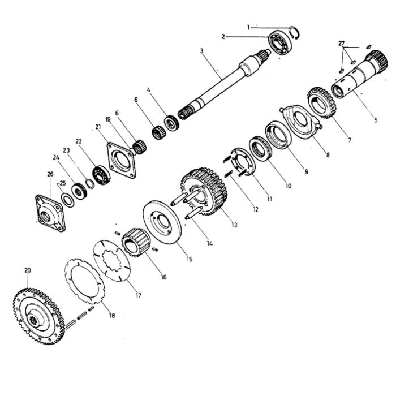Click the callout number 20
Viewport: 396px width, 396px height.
28,270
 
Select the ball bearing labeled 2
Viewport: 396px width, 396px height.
280,42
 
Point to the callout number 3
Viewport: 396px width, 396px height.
201,51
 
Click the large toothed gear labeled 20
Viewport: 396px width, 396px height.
38,316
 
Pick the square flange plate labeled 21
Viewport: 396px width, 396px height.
121,161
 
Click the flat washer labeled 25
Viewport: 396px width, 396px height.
68,200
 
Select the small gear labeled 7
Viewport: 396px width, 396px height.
321,102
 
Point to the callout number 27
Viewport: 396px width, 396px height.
342,44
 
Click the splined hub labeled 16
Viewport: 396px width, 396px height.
136,242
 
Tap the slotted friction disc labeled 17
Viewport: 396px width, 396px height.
111,260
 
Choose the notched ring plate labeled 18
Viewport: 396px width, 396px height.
84,281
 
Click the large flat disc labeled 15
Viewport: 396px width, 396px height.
162,222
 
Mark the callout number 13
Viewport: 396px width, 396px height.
234,225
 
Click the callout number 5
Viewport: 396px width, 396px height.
376,120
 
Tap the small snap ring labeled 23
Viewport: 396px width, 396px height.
89,184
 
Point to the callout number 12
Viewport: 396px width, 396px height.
256,209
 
